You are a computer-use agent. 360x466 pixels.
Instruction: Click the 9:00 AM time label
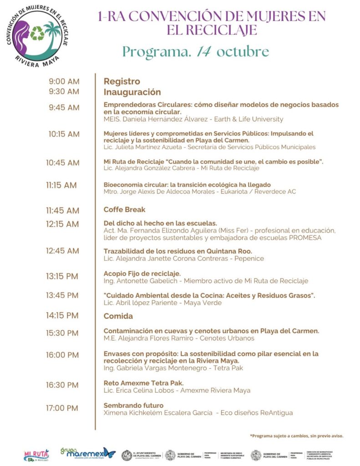[x=64, y=81]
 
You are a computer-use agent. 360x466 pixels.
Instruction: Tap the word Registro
[x=122, y=81]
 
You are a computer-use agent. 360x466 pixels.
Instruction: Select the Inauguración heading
[x=132, y=92]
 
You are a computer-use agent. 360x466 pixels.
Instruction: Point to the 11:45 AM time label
[x=62, y=211]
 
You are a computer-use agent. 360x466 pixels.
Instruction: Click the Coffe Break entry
[x=124, y=210]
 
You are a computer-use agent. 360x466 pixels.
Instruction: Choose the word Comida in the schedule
[x=118, y=316]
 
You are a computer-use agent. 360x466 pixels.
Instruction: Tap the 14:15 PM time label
[x=62, y=315]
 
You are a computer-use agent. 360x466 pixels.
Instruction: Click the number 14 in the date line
[x=203, y=51]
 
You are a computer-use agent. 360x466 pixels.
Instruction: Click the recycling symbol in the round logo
[x=37, y=33]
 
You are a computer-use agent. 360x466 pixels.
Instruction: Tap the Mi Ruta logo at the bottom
[x=36, y=455]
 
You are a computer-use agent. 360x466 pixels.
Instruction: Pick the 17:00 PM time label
[x=62, y=408]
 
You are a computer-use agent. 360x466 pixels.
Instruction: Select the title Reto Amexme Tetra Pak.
[x=143, y=383]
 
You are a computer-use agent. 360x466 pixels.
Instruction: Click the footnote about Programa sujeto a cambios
[x=296, y=436]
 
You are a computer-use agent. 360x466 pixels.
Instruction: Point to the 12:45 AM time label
[x=62, y=251]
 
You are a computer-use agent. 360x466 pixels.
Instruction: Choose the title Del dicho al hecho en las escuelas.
[x=160, y=223]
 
